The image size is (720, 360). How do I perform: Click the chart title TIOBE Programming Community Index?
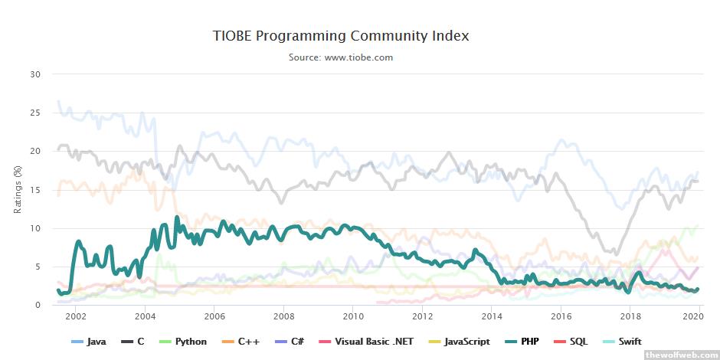point(340,36)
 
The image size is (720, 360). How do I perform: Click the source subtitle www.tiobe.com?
point(340,57)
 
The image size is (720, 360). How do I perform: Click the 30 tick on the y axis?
point(35,74)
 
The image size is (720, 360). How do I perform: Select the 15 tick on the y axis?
point(35,190)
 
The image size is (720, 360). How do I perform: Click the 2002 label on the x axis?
point(76,316)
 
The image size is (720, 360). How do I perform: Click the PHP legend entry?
point(529,342)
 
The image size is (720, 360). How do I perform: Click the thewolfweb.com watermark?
point(681,355)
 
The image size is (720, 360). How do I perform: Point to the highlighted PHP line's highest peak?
point(177,218)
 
